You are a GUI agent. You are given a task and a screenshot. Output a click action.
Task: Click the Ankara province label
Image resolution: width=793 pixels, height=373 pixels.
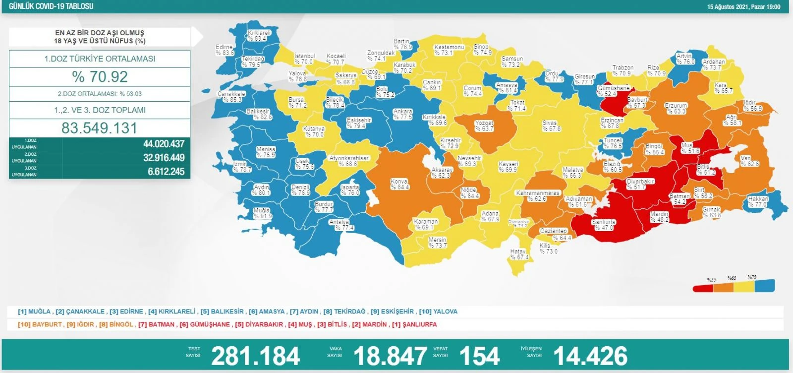(403, 115)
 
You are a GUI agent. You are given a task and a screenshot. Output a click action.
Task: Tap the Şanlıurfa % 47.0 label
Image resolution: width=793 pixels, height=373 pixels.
(604, 225)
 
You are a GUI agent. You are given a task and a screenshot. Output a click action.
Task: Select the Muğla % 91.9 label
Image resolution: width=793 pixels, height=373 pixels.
(262, 213)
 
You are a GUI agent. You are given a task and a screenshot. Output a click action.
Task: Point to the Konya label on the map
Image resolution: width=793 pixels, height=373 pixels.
(399, 184)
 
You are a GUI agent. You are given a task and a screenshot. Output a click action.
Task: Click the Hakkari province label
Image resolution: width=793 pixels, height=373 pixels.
(758, 201)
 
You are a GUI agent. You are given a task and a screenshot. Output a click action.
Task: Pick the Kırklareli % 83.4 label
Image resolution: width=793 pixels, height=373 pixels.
(259, 35)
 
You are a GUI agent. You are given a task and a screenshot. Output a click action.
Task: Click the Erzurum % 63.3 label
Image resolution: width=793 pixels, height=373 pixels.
(676, 108)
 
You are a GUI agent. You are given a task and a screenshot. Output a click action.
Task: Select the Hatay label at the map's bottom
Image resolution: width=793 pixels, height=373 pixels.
(519, 254)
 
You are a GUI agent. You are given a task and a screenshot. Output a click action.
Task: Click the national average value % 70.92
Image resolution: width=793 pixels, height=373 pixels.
(100, 77)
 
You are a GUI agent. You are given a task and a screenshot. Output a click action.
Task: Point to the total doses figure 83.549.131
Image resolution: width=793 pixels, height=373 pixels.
(100, 128)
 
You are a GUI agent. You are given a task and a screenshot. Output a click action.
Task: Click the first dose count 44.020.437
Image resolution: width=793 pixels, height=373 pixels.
(164, 144)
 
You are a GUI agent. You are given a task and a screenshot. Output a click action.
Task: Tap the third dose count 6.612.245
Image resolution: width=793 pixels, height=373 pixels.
(166, 172)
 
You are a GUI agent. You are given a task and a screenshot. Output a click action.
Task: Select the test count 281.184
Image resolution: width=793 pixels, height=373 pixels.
(255, 356)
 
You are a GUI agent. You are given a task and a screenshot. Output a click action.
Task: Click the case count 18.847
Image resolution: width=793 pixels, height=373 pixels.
(390, 356)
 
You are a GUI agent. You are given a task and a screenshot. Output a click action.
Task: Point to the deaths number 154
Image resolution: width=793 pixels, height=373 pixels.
(479, 356)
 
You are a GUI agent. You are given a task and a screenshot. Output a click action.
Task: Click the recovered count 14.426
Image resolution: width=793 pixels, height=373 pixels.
(590, 356)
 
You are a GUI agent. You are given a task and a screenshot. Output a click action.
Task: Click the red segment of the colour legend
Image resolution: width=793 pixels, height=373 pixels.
(702, 287)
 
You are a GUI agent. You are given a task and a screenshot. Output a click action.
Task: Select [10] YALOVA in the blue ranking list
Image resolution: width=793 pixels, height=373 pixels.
(438, 311)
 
